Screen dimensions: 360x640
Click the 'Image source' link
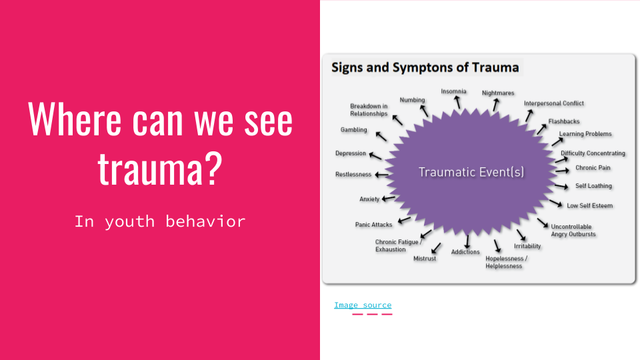(363, 305)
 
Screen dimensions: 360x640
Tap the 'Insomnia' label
(453, 91)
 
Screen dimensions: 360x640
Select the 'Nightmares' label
(498, 93)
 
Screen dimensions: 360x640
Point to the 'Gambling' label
(354, 130)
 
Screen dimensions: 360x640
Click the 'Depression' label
(351, 153)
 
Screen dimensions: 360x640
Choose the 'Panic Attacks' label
(373, 225)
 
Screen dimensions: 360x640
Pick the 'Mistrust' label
(425, 258)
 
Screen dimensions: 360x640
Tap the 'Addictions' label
(465, 252)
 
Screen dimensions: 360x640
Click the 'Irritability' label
(527, 246)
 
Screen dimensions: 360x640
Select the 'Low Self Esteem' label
(589, 205)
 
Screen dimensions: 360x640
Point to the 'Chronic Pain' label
(593, 168)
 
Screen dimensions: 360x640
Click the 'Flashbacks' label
(564, 121)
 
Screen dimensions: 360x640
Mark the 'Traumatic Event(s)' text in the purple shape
(471, 172)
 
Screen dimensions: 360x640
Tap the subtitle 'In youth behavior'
(160, 221)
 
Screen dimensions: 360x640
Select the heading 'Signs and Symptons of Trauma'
(425, 67)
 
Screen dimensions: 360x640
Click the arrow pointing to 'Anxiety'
(388, 198)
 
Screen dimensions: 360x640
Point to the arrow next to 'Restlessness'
(382, 175)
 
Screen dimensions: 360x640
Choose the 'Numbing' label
(412, 100)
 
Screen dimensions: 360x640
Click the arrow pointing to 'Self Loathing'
(562, 185)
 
